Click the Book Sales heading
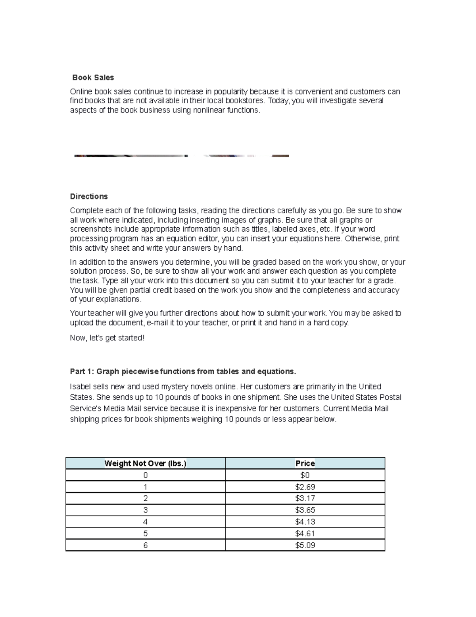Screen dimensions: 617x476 pos(93,77)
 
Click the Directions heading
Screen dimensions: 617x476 pos(89,196)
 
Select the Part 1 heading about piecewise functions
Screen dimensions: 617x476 pos(183,371)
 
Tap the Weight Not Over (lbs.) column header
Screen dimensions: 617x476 pos(145,463)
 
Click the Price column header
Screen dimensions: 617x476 pos(305,463)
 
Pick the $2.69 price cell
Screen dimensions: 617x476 pos(305,487)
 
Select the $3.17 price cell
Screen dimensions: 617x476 pos(305,498)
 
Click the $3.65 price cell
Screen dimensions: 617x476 pos(305,510)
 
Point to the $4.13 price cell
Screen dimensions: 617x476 pos(305,522)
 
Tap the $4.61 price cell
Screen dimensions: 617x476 pos(305,534)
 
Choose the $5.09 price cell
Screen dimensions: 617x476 pos(305,545)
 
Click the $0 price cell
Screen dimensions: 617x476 pos(305,475)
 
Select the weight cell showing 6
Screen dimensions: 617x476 pos(145,545)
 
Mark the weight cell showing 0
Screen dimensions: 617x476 pos(145,475)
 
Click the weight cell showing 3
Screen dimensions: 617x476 pos(145,510)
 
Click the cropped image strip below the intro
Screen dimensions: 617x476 pos(181,156)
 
